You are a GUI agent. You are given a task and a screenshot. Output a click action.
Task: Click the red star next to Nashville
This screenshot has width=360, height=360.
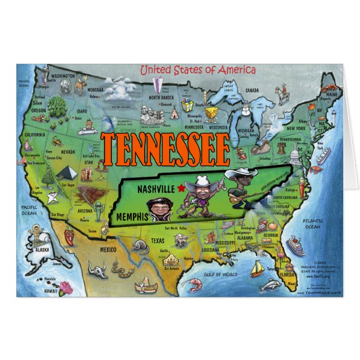tap(181, 189)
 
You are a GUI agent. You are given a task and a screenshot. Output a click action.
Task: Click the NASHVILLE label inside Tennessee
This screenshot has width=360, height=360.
tap(156, 190)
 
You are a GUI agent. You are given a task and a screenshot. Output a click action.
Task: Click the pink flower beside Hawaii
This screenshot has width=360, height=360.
tap(66, 287)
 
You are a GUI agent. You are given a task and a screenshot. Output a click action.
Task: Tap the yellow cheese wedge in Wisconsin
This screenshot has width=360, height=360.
tap(211, 114)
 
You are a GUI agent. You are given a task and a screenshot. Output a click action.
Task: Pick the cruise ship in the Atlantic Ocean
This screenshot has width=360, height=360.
tap(295, 247)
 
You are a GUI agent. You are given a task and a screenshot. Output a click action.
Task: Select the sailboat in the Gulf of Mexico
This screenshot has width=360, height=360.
tap(257, 269)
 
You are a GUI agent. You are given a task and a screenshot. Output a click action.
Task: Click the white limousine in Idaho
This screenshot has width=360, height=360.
tap(87, 131)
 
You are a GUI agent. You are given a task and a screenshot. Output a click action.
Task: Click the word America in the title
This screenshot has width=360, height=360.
tap(236, 70)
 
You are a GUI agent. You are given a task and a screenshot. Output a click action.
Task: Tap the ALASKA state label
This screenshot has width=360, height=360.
tap(41, 250)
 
